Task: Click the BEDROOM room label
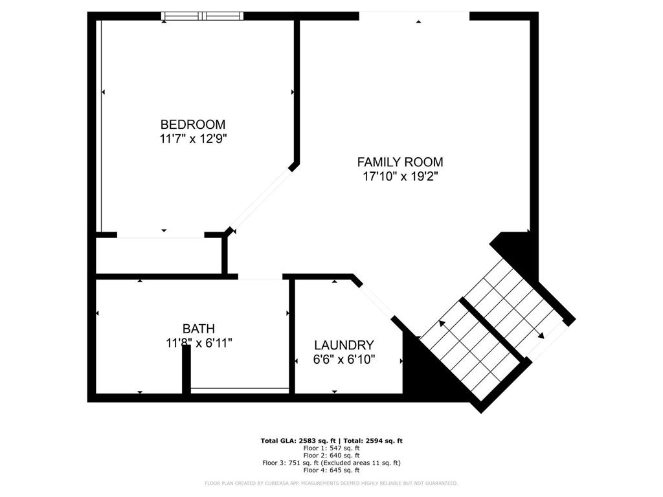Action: coord(193,124)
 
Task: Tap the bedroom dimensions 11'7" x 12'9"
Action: coord(193,138)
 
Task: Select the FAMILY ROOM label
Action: coord(400,162)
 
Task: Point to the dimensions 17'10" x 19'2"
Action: coord(400,177)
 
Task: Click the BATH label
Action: coord(198,329)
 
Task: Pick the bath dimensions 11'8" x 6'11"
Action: coord(198,343)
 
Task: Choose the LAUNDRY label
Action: coord(344,346)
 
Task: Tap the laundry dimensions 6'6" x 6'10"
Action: coord(344,359)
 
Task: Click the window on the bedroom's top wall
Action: coord(202,16)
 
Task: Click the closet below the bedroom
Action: coord(159,256)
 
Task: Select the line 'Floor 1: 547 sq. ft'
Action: coord(331,448)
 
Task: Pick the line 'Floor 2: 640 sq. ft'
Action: coord(331,455)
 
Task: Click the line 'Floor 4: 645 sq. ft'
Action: coord(331,470)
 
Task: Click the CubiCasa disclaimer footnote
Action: coord(331,483)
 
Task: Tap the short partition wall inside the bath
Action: coord(186,369)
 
